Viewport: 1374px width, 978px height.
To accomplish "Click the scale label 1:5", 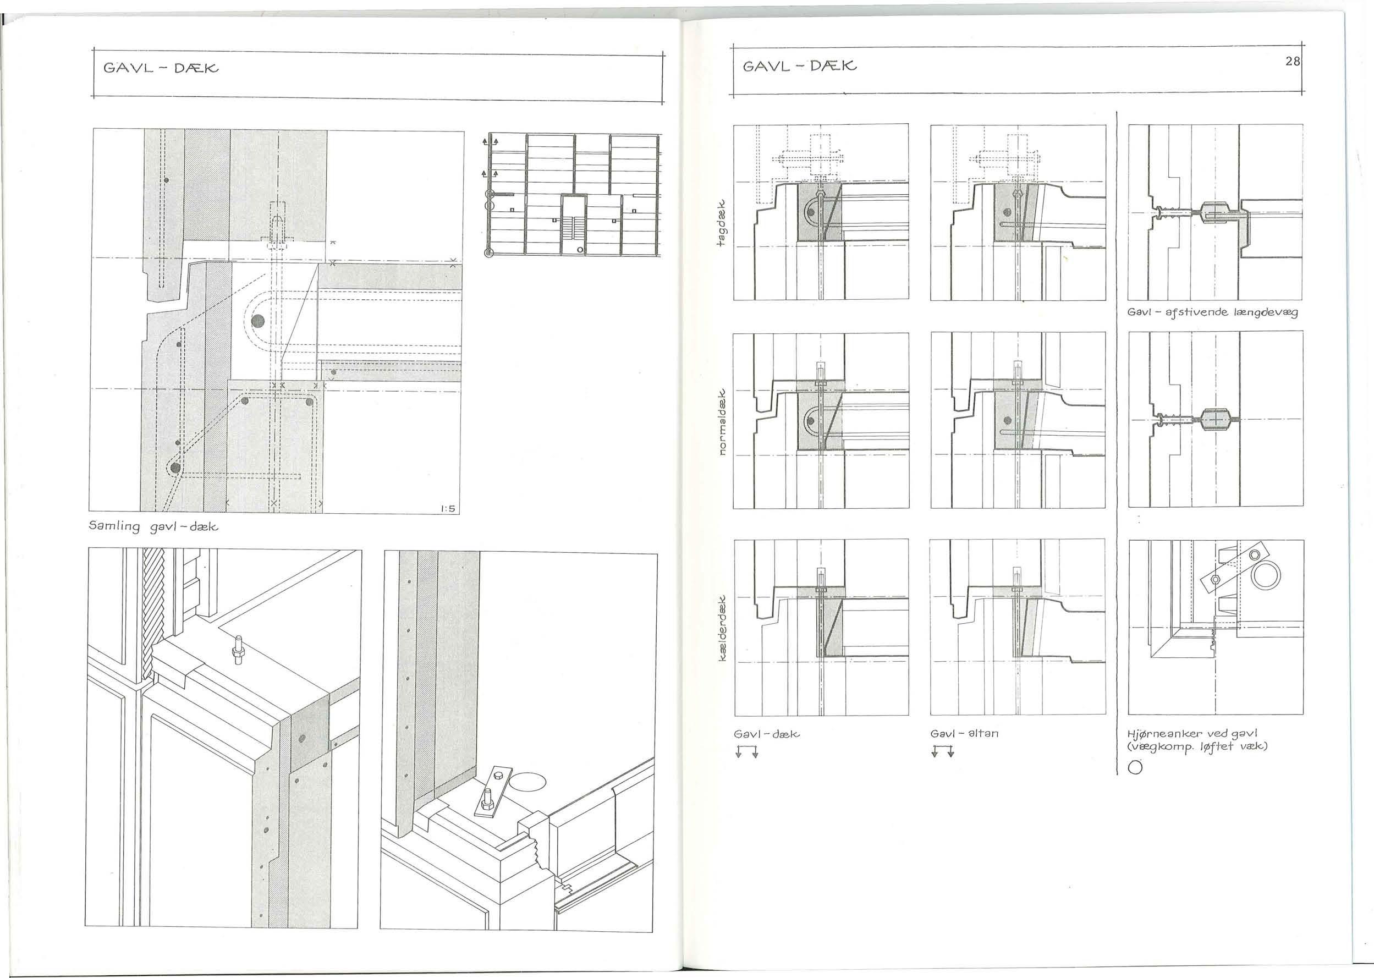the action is tap(447, 509).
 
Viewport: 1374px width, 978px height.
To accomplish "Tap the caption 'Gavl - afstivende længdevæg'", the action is tap(1213, 312).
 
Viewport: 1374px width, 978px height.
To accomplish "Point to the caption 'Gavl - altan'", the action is tap(964, 734).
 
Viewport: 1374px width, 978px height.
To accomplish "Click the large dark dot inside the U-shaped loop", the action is tap(258, 320).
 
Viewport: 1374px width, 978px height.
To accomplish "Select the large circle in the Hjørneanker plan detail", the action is tap(1266, 576).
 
